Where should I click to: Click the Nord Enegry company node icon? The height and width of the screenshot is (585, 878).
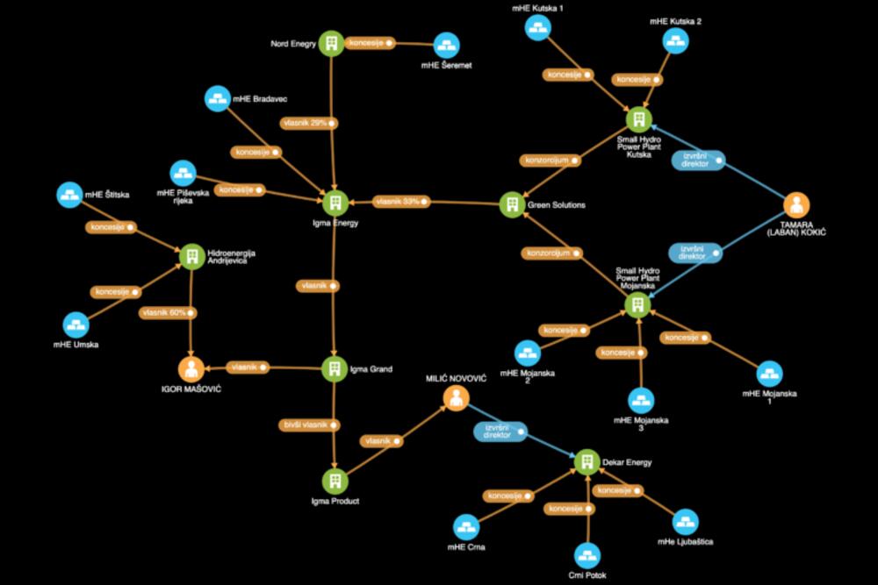331,43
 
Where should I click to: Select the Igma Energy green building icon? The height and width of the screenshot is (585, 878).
334,203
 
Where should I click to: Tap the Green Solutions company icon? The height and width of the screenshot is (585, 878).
511,204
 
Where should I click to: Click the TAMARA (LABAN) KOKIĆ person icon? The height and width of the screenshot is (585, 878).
796,205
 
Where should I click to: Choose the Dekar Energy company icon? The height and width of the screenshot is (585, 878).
587,461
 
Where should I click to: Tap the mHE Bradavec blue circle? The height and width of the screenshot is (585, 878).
216,98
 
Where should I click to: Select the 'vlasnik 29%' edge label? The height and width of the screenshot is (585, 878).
307,123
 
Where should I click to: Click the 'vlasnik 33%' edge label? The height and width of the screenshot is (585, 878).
400,203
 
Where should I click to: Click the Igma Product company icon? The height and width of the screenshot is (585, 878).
333,480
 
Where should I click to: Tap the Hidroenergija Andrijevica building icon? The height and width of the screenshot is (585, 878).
191,255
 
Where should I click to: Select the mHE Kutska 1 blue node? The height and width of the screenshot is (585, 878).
537,27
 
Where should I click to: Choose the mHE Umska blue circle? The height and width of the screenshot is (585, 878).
76,324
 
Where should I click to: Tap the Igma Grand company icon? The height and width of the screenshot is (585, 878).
334,368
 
